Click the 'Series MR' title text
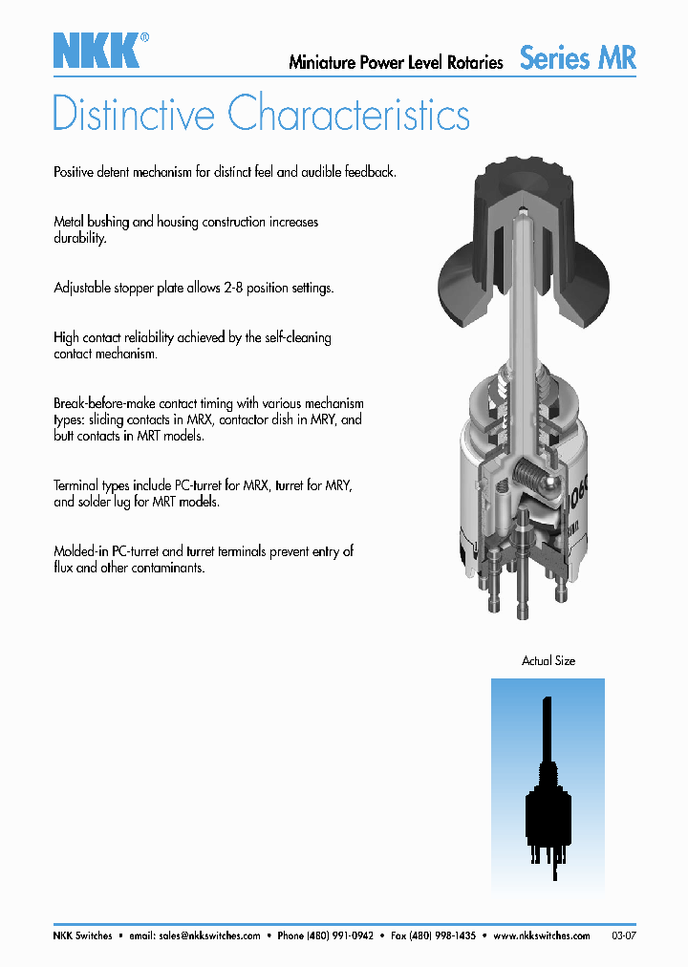pos(577,57)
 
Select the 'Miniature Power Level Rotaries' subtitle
pos(396,63)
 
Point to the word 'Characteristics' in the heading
pos(349,114)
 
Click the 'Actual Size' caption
pos(548,660)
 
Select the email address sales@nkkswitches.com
pos(209,935)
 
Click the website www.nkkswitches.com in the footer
pos(542,935)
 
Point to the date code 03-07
pos(623,935)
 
